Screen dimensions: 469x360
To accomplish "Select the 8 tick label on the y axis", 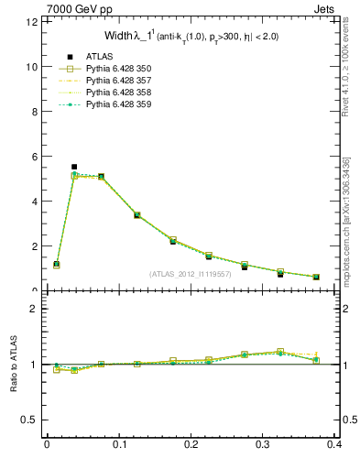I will pyautogui.click(x=34, y=112).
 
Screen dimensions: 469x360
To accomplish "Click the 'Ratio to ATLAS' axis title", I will pyautogui.click(x=14, y=365).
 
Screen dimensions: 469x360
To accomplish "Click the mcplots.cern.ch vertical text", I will pyautogui.click(x=346, y=220).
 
